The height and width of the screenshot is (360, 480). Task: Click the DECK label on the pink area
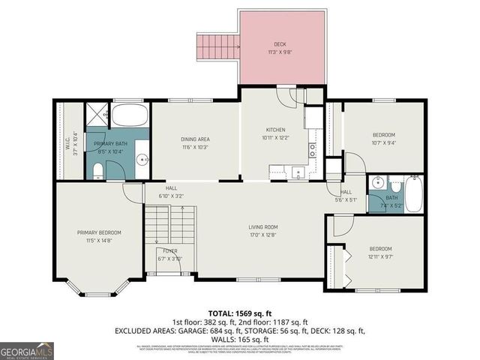pos(279,44)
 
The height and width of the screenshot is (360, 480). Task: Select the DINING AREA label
pos(194,139)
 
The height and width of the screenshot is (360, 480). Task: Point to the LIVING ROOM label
pos(263,226)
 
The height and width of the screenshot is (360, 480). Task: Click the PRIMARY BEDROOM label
pos(98,232)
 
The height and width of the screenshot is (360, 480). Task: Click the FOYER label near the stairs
pos(169,250)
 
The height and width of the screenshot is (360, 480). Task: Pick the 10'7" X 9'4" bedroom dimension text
pos(383,142)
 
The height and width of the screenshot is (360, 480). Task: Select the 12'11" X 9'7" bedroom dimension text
pos(380,256)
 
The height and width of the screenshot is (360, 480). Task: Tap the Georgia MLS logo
pos(27,349)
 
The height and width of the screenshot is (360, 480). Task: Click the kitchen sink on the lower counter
pos(298,172)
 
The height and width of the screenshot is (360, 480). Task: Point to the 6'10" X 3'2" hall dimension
pos(171,196)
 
